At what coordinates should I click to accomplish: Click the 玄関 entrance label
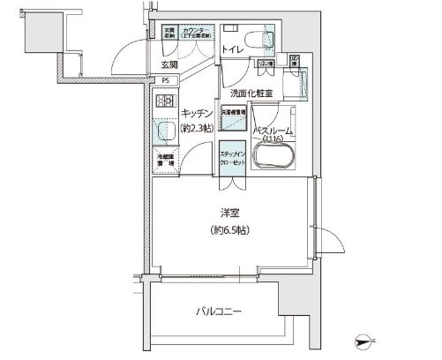(x=169, y=64)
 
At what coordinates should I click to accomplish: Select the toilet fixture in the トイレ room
(x=260, y=39)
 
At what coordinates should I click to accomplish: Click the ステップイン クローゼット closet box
(x=232, y=158)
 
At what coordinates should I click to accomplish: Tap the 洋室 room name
(x=231, y=212)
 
